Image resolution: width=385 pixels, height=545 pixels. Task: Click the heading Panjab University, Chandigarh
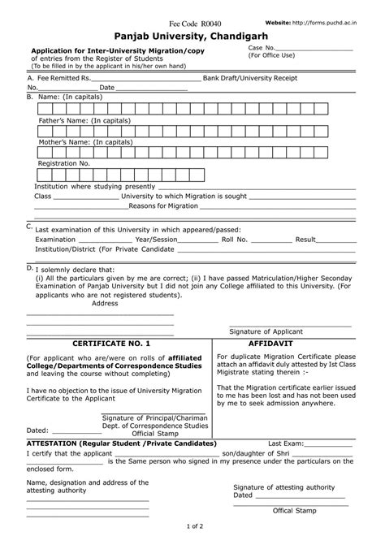192,37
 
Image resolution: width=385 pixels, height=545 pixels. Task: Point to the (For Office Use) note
272,57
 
